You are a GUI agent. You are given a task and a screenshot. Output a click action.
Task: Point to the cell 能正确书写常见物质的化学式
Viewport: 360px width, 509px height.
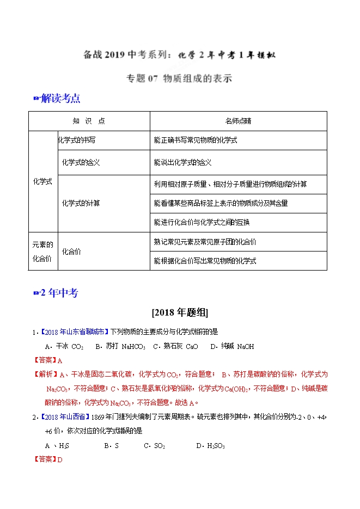pos(196,140)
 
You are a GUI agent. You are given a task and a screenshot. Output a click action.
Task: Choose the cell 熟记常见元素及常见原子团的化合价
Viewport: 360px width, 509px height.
pos(205,241)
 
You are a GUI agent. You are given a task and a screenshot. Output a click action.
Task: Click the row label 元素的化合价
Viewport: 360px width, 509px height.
pos(42,251)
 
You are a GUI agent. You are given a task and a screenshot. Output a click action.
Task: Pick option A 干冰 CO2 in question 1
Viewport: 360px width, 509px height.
pos(64,346)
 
